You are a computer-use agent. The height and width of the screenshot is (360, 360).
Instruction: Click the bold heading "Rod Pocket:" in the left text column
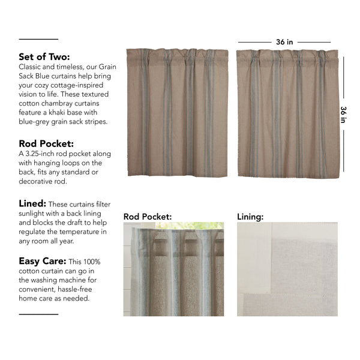click(x=46, y=144)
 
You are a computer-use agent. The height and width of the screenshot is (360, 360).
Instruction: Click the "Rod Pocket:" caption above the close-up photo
click(x=148, y=215)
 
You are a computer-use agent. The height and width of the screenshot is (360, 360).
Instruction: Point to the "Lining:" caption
click(x=250, y=215)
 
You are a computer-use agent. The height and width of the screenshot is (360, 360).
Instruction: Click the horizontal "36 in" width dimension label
click(x=284, y=43)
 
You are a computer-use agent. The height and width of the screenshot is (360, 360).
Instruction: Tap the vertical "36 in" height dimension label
click(x=344, y=114)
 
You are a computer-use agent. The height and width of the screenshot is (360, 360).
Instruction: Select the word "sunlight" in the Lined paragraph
click(x=35, y=214)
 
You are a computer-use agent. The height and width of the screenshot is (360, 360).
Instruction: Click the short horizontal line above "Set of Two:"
click(x=39, y=40)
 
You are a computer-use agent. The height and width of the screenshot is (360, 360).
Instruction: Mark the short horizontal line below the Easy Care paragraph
click(x=39, y=314)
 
